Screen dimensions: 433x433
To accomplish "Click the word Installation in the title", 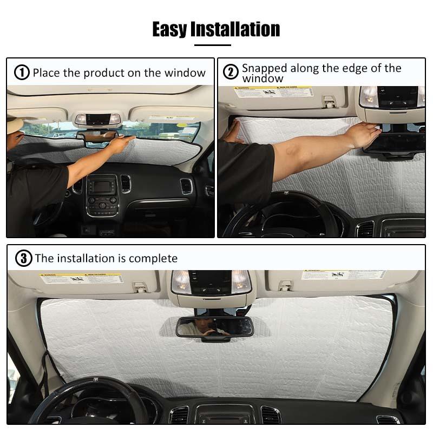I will pyautogui.click(x=235, y=29).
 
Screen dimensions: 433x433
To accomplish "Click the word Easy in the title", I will pyautogui.click(x=169, y=29).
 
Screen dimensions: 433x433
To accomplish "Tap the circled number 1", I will pyautogui.click(x=22, y=73).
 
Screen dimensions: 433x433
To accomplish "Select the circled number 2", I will pyautogui.click(x=231, y=72).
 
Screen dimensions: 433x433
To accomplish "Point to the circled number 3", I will pyautogui.click(x=23, y=258).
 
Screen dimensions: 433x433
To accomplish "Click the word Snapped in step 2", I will pyautogui.click(x=264, y=68).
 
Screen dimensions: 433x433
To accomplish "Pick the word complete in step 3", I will pyautogui.click(x=154, y=258).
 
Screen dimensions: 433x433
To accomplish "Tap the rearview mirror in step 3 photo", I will pyautogui.click(x=215, y=326).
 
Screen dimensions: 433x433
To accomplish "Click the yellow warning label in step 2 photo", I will pyautogui.click(x=273, y=92).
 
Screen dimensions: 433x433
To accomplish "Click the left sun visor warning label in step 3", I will pyautogui.click(x=81, y=278).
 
